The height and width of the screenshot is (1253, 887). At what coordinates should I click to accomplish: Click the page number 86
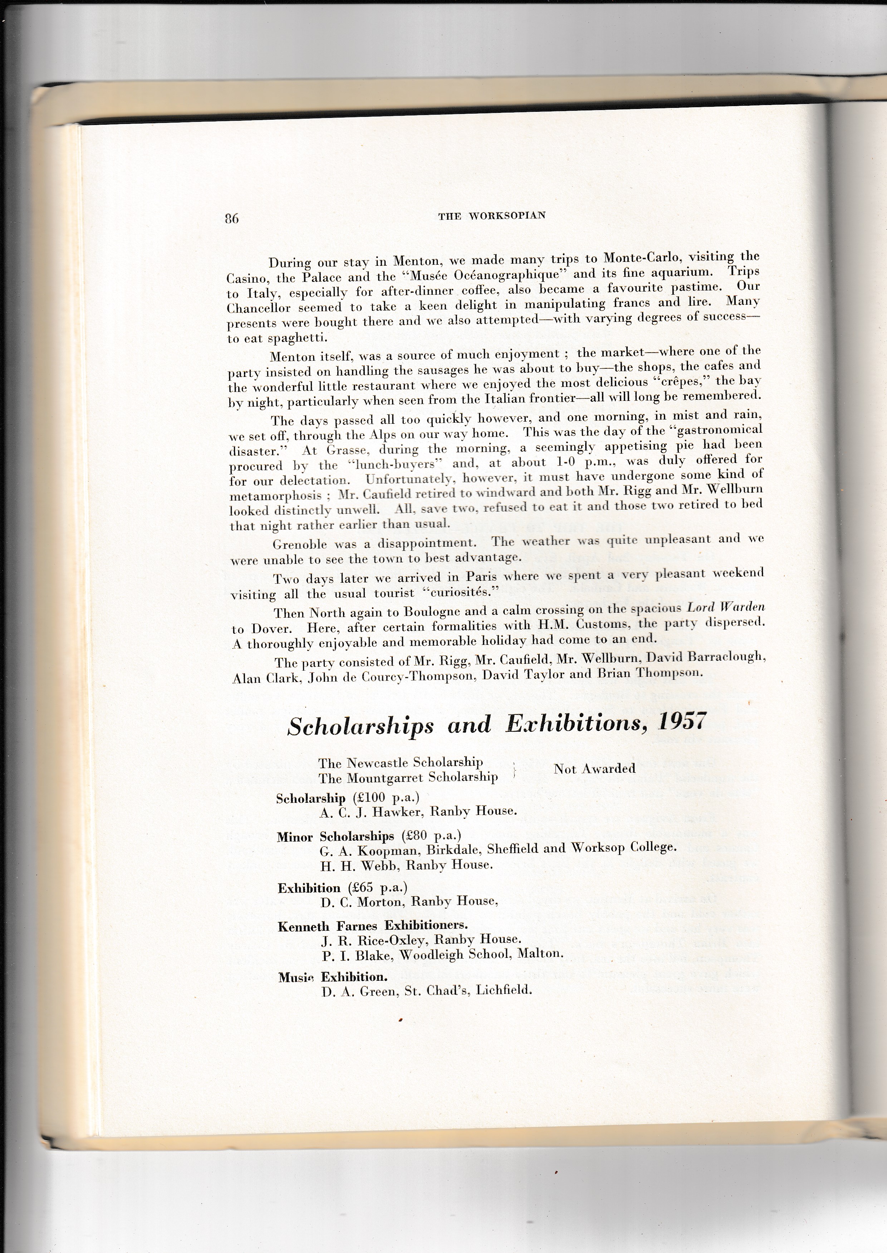(231, 219)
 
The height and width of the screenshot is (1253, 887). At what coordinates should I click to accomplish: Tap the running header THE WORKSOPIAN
(491, 215)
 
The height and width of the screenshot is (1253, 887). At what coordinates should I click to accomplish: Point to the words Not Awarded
(594, 769)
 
